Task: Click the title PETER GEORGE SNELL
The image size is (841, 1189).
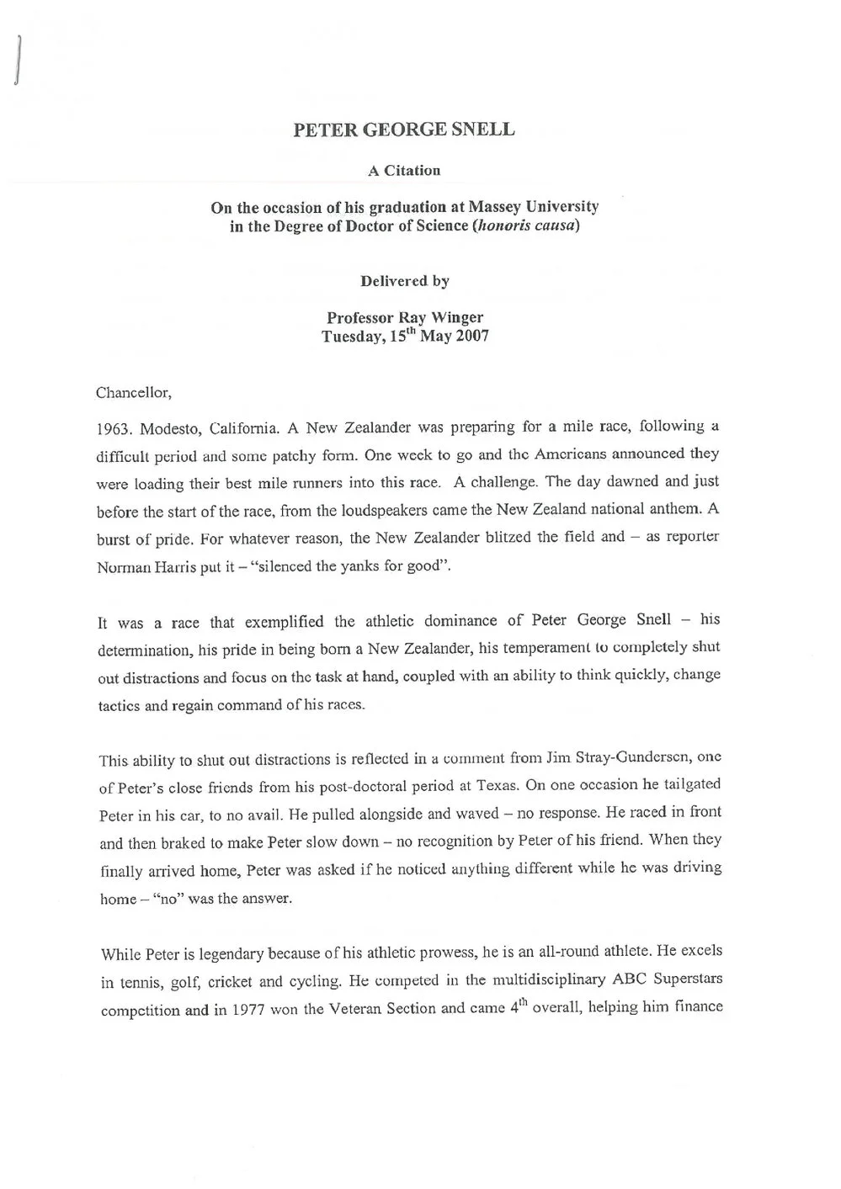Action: [403, 130]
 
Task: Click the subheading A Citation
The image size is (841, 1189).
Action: [404, 171]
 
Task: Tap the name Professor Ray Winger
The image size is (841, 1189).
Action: [404, 317]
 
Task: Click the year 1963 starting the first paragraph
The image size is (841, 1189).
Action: [114, 428]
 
